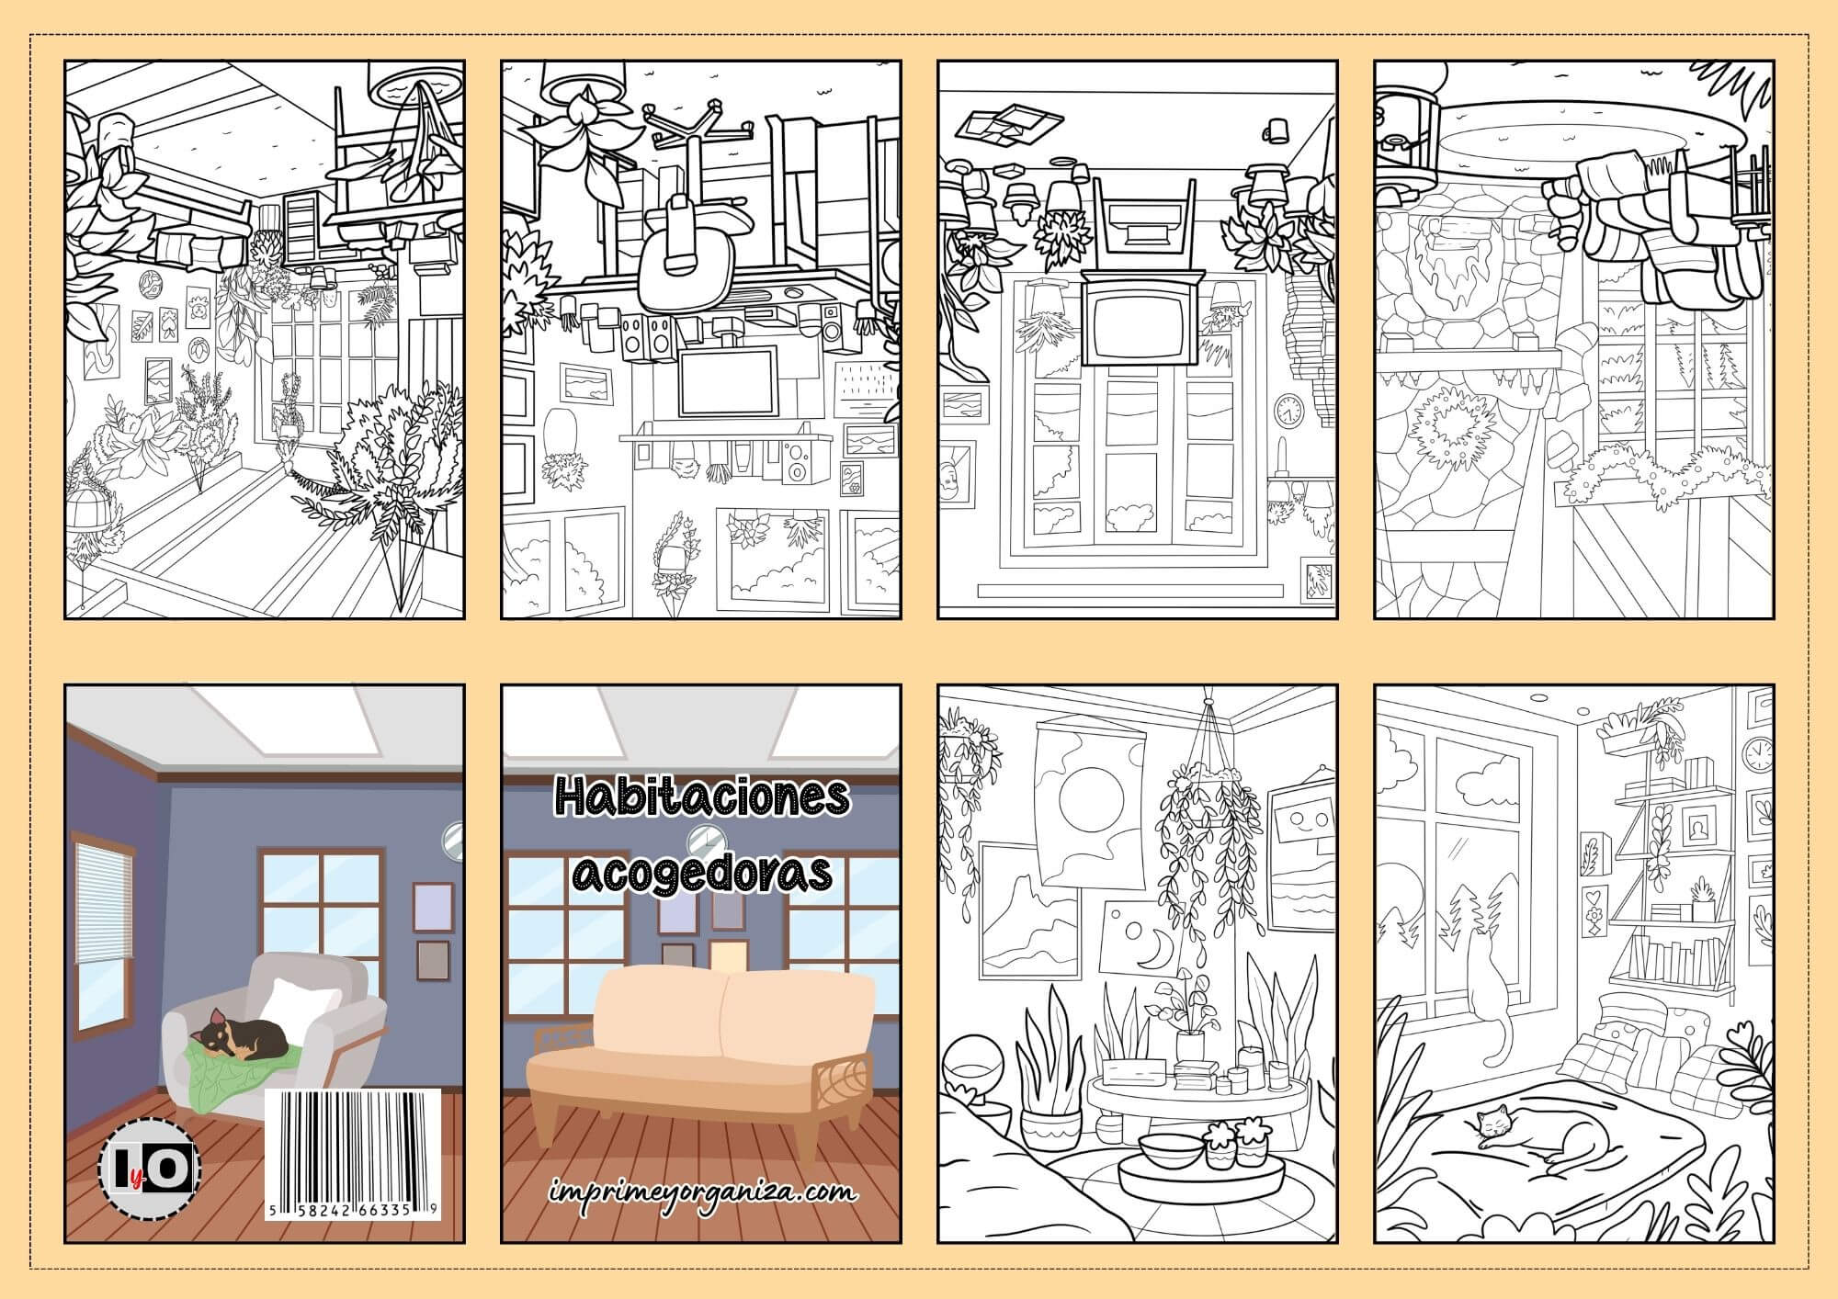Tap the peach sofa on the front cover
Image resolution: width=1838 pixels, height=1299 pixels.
point(702,1037)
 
